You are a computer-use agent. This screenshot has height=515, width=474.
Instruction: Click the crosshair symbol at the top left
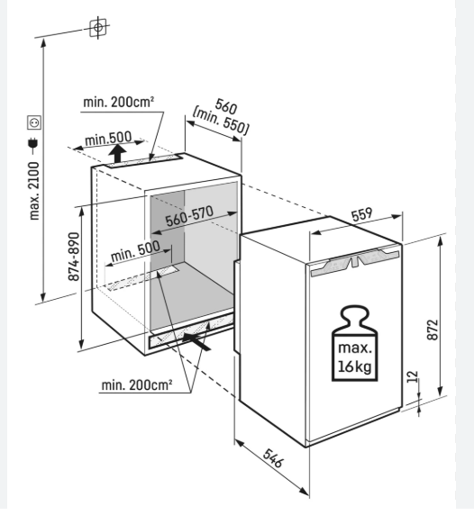98,28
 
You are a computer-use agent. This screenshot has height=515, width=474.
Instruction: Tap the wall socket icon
34,122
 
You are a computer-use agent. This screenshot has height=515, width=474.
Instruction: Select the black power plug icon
33,145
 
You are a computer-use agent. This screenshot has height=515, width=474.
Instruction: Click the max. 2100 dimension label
34,192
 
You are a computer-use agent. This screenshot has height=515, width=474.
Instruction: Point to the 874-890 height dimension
74,257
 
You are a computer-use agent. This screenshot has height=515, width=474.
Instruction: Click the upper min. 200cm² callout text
118,102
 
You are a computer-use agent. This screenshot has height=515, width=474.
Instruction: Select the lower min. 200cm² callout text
137,384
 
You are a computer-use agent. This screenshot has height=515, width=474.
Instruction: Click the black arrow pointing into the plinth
196,342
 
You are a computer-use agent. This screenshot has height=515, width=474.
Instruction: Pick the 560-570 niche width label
189,216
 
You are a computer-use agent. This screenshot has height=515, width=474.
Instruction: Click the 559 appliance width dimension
362,214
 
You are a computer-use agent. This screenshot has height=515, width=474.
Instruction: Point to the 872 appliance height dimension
433,330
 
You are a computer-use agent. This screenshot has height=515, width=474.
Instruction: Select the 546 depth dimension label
272,458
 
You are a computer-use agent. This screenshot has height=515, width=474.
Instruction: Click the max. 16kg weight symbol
355,344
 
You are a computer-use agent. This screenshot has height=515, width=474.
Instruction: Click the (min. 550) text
221,122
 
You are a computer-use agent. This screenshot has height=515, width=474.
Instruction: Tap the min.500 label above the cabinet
108,139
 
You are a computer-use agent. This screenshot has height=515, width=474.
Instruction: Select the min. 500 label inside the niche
135,251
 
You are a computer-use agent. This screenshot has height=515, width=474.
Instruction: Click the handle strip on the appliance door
355,262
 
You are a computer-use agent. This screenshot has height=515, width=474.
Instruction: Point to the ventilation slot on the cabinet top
143,161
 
